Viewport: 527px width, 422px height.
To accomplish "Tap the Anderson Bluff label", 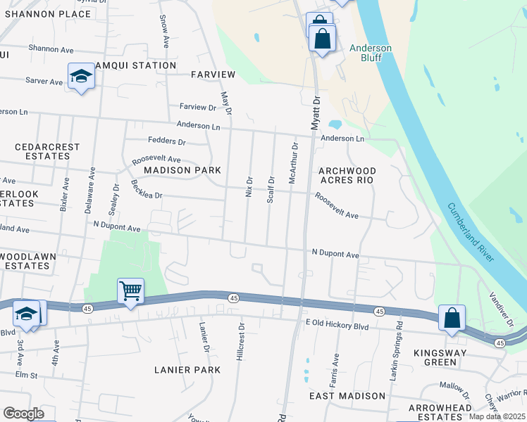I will (x=371, y=53).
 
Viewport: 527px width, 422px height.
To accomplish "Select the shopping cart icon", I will (x=130, y=290).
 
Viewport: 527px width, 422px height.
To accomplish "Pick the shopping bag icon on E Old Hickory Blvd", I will (x=452, y=317).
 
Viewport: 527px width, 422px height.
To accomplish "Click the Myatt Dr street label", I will (x=316, y=113).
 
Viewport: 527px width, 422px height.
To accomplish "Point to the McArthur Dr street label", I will (x=293, y=163).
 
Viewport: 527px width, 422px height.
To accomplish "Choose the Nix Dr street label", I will (x=249, y=186).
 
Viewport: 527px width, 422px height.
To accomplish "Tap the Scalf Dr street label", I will (x=270, y=188).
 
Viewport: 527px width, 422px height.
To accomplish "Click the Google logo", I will (x=23, y=414).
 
